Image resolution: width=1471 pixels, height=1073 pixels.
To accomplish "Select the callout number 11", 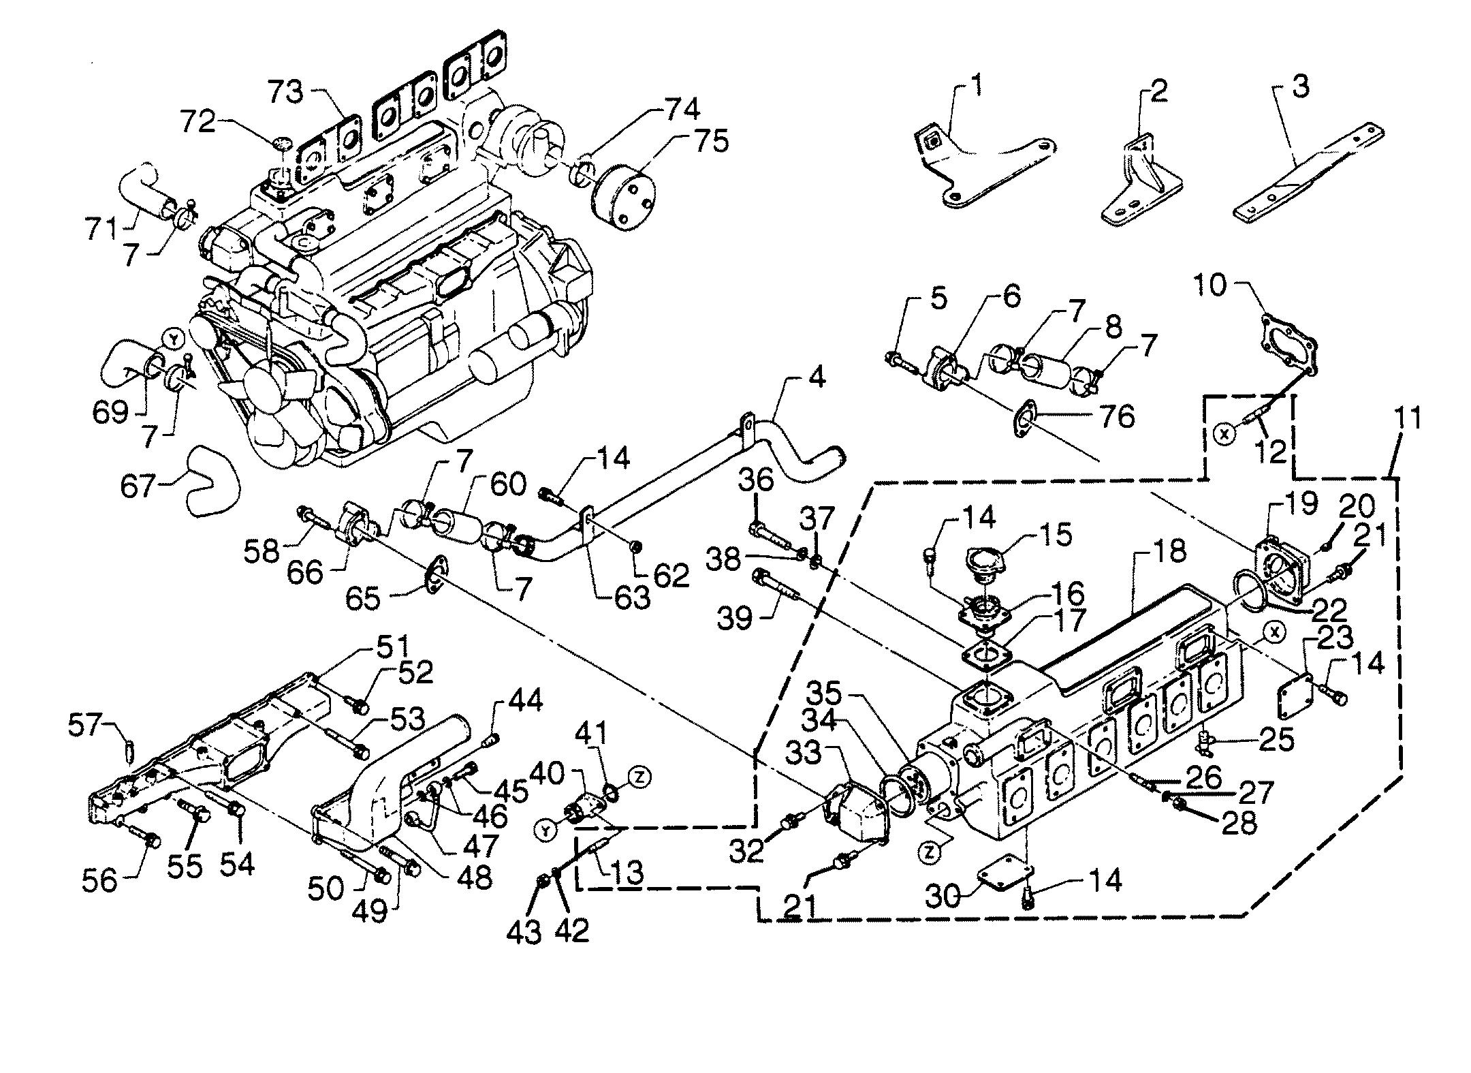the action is click(x=1406, y=418).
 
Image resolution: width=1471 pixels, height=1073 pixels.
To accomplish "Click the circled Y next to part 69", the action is click(x=174, y=338).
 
